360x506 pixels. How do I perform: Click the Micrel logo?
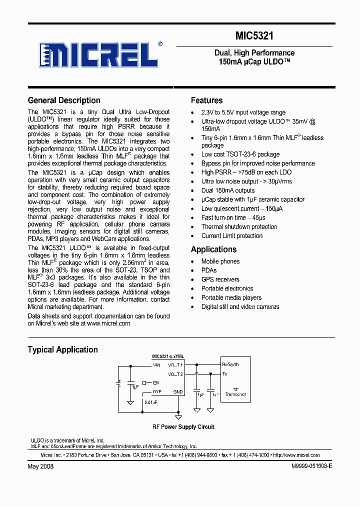[x=99, y=54]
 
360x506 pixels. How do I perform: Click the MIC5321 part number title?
[x=254, y=36]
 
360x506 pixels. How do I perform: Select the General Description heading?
[x=64, y=100]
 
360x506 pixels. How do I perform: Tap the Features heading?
[x=206, y=100]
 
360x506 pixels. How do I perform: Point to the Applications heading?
[x=213, y=249]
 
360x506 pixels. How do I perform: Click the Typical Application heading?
[x=62, y=349]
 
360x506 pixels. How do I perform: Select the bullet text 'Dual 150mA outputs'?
[x=228, y=190]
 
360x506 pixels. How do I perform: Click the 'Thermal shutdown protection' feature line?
[x=239, y=226]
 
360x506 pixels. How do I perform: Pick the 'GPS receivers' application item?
[x=220, y=279]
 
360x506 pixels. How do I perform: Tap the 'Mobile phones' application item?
[x=220, y=261]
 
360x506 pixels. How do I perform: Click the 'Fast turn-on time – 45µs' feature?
[x=233, y=217]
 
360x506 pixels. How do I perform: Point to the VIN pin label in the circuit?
[x=156, y=365]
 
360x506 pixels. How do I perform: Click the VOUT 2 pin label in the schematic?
[x=175, y=374]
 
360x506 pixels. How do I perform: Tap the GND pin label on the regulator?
[x=178, y=391]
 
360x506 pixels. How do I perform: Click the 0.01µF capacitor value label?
[x=151, y=401]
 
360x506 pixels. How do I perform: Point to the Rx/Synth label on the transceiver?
[x=230, y=365]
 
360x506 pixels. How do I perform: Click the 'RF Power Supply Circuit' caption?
[x=183, y=427]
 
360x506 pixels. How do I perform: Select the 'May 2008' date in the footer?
[x=40, y=466]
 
